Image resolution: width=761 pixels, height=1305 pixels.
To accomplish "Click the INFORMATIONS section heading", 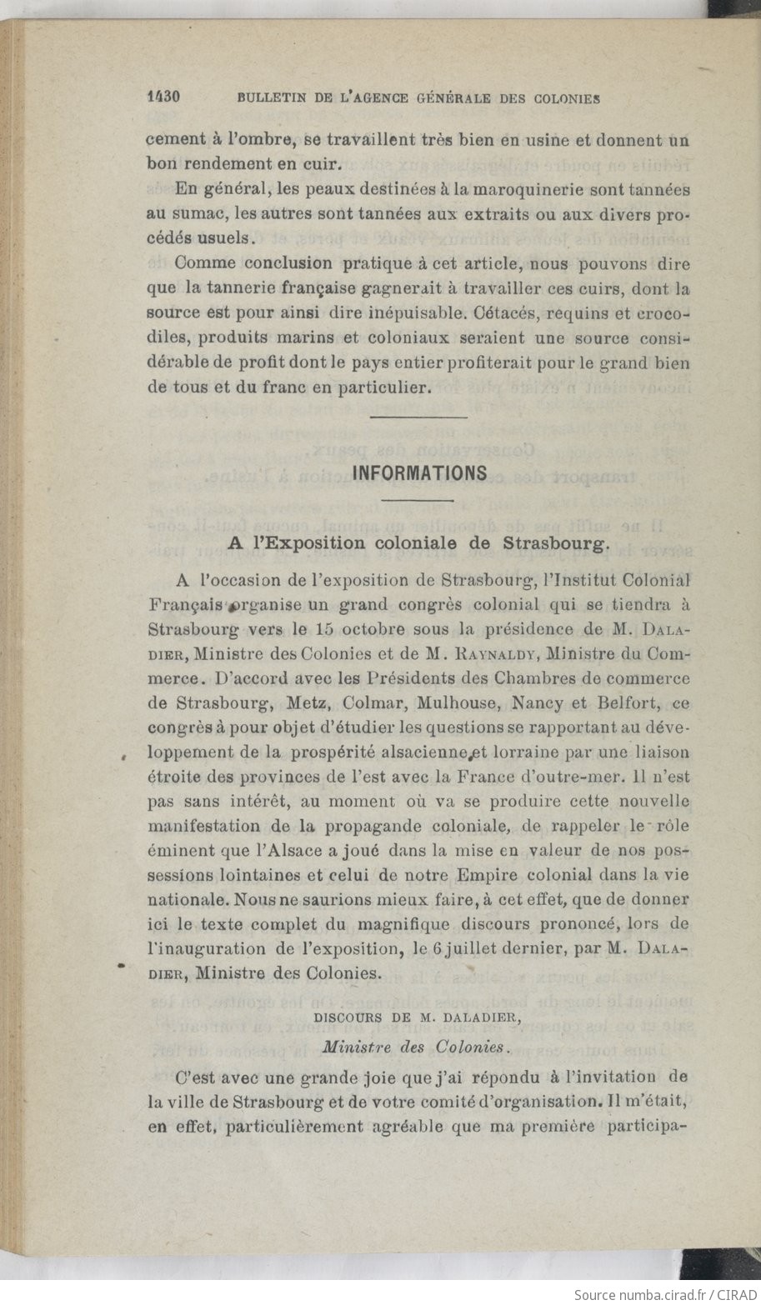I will [x=419, y=473].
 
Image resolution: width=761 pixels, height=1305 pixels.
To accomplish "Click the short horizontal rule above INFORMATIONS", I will [x=418, y=417].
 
